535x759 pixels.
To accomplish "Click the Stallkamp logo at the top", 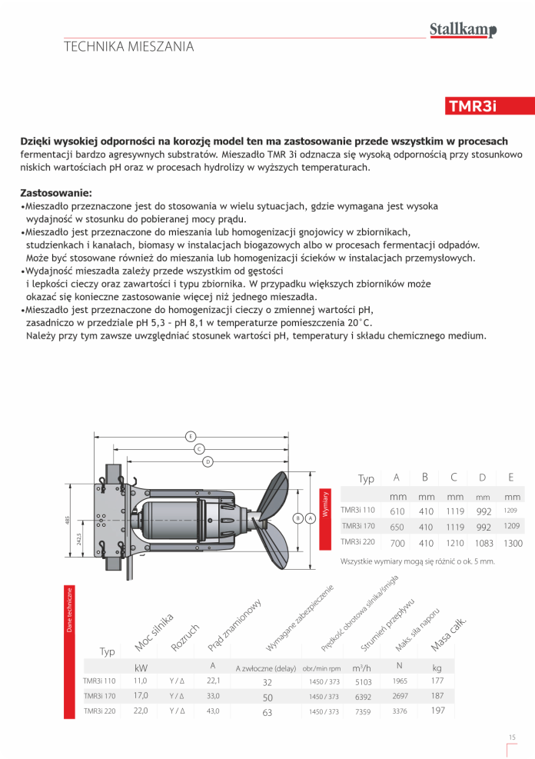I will pos(463,30).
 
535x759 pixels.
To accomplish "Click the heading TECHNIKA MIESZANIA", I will pos(128,47).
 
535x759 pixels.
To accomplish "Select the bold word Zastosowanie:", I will pos(56,191).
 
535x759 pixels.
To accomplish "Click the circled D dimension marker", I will pos(208,461).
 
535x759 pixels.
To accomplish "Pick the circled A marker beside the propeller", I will pos(310,518).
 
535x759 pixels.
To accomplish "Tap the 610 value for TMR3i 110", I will pos(397,511).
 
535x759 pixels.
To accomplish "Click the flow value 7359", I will pos(363,712).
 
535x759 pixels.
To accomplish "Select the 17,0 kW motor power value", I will pos(141,696).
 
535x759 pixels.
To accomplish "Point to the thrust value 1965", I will pos(400,681).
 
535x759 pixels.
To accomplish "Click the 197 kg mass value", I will pos(437,711).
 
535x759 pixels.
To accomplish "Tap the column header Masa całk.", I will pos(449,634).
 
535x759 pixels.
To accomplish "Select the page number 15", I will pos(512,738).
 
